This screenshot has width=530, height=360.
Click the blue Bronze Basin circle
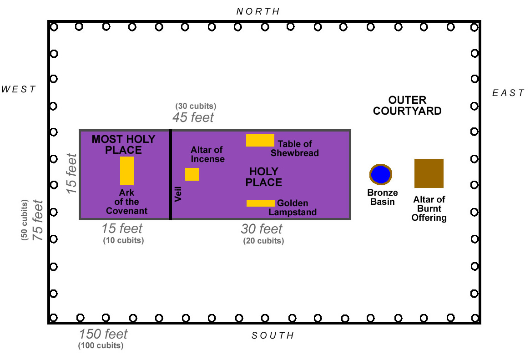coord(381,174)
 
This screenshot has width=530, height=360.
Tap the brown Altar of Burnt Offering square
coord(429,173)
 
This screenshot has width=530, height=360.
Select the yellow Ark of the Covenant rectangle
coord(127,171)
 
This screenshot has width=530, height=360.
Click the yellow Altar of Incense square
coord(192,174)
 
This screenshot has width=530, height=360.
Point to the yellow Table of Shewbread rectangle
coord(260,140)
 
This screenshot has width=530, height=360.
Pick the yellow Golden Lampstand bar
coord(261,203)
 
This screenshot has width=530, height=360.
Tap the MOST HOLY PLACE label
coord(123,144)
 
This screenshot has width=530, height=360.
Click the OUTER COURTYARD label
coord(407,106)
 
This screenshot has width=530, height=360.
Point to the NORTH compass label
coord(258,11)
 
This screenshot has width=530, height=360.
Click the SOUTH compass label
coord(273,336)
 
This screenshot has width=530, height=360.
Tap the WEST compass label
coord(19,89)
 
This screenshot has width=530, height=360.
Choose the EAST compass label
coord(508,93)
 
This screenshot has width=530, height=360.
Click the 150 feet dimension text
coord(103,334)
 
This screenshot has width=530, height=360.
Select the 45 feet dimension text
coord(193,117)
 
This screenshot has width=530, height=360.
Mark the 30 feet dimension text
coord(262,229)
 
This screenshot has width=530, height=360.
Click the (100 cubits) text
coord(100,345)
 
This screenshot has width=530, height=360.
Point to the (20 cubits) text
coord(263,241)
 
